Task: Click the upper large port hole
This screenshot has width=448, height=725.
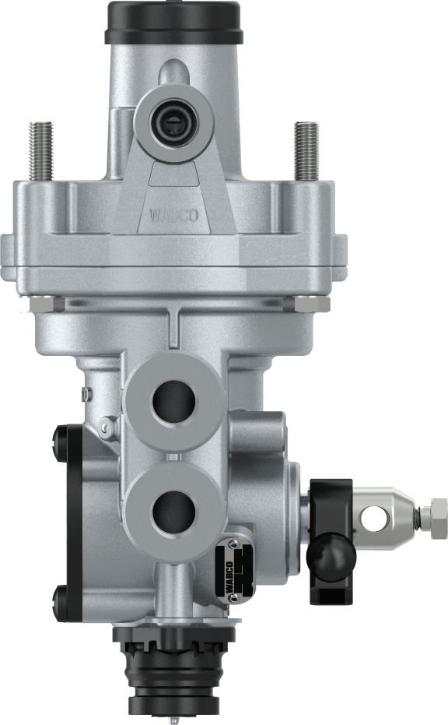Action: [173, 402]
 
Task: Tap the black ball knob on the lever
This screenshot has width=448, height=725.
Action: [330, 554]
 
